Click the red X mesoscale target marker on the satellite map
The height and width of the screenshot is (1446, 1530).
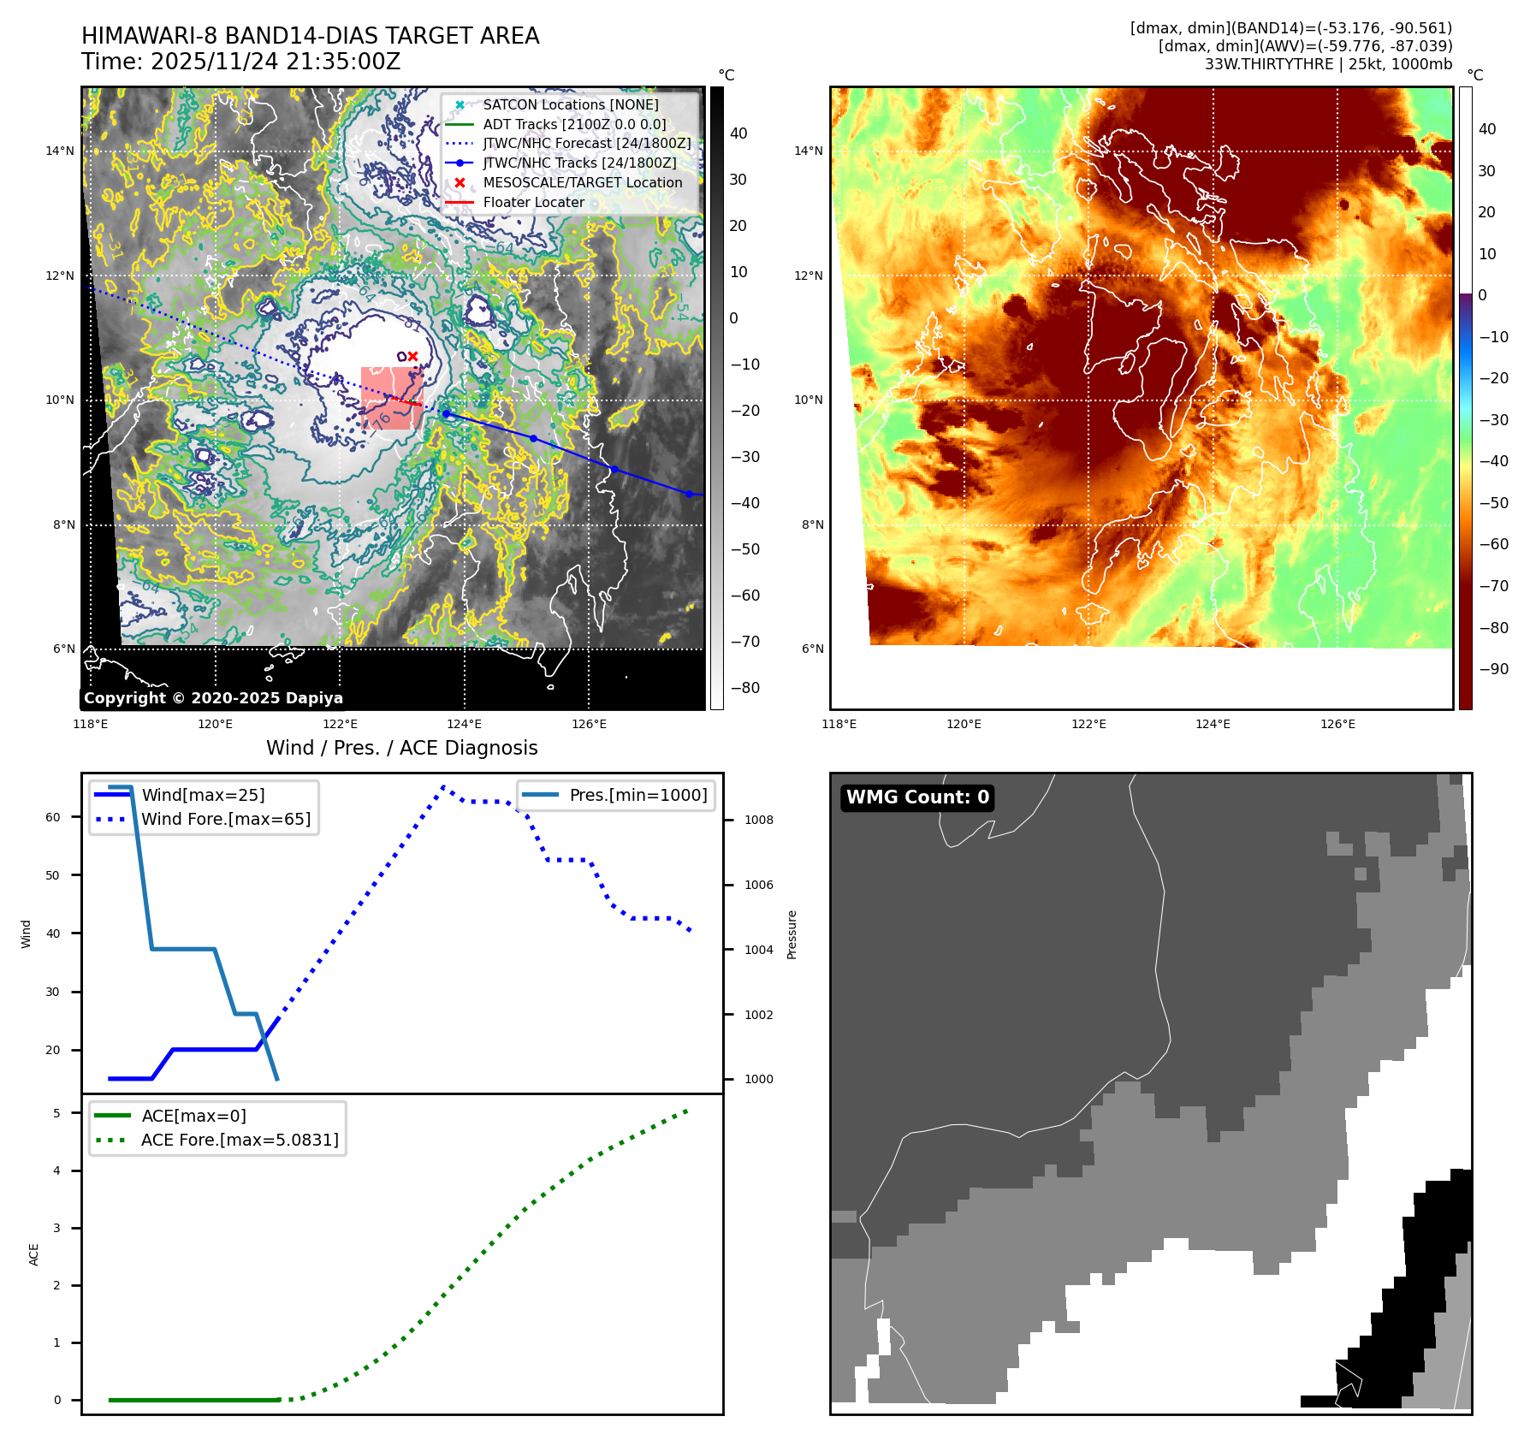click(x=412, y=356)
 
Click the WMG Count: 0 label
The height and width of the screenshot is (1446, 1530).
click(x=917, y=797)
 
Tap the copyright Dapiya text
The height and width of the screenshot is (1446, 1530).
click(x=213, y=698)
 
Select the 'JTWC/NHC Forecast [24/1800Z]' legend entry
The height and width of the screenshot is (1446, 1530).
click(x=586, y=144)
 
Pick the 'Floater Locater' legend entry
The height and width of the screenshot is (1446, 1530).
click(x=533, y=203)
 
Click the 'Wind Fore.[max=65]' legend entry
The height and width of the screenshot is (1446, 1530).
click(x=226, y=819)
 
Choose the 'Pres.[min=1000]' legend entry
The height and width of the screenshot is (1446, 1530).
click(x=638, y=795)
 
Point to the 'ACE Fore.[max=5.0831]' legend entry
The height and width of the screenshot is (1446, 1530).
click(x=240, y=1140)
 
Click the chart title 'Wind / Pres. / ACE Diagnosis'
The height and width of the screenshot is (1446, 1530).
click(x=402, y=748)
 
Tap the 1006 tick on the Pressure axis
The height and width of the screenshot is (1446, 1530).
click(x=758, y=885)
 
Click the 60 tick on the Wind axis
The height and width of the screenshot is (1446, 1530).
click(x=53, y=817)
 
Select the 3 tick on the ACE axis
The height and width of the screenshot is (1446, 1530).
click(x=57, y=1228)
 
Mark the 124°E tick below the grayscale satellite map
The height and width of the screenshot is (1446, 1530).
click(x=465, y=725)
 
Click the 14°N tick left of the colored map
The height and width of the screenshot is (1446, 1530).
click(x=809, y=151)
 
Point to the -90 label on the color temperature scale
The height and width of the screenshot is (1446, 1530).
click(x=1494, y=669)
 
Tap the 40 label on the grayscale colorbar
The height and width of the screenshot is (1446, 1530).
click(x=738, y=133)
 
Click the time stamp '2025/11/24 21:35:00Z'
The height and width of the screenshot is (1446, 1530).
click(x=276, y=62)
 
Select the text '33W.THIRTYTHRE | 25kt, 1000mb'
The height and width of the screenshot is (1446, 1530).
click(x=1328, y=64)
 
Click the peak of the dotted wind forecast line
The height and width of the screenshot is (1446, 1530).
click(x=443, y=786)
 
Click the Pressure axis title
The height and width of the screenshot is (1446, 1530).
click(x=792, y=934)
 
